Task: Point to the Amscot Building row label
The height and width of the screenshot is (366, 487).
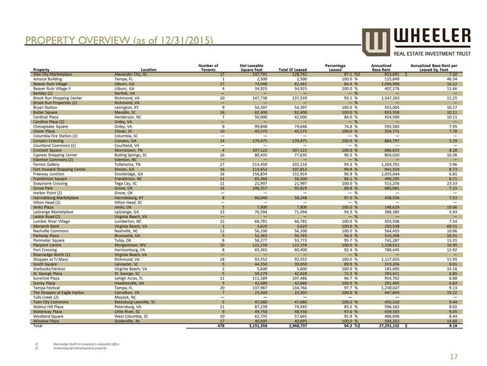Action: coord(49,79)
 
